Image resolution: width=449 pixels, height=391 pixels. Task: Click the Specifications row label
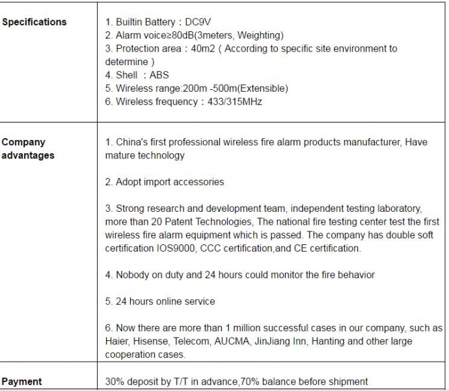coord(34,22)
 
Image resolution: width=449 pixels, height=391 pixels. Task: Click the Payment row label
coord(21,382)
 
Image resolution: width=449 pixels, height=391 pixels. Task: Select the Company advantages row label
coord(28,149)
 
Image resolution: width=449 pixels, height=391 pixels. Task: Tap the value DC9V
coord(198,22)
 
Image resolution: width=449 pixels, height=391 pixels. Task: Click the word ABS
coord(159,75)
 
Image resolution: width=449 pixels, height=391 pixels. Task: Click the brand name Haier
coord(118,341)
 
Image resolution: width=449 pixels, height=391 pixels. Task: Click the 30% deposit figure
coord(115,382)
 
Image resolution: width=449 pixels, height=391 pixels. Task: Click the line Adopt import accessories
coord(164,182)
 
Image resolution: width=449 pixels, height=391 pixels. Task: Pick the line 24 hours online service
coord(159,302)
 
